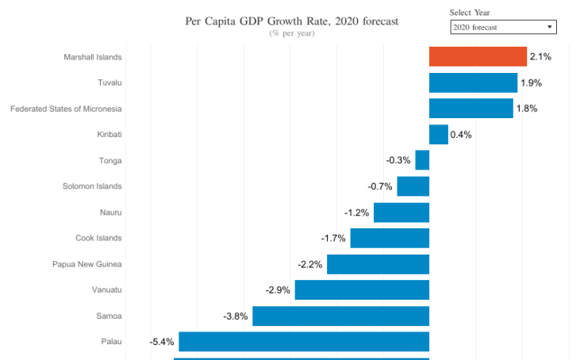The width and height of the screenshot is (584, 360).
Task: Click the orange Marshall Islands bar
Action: tap(478, 56)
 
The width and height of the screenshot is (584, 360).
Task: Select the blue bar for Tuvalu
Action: tap(473, 82)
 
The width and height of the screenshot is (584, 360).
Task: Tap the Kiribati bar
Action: tap(438, 134)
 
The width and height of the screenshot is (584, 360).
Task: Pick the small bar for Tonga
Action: tap(422, 160)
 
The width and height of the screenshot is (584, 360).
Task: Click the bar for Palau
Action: tap(304, 342)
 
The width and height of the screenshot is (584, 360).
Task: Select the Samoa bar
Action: tap(340, 316)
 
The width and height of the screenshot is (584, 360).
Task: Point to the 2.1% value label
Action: tap(540, 57)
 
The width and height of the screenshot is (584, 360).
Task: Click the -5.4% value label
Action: tap(162, 343)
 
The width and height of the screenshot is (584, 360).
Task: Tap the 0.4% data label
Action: tap(461, 135)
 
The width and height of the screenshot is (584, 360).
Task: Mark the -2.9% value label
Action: tap(278, 290)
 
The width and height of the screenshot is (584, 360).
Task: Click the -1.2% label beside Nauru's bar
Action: tap(357, 213)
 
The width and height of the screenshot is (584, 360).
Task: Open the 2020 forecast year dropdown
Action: tap(503, 28)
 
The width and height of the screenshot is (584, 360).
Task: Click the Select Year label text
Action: tap(475, 13)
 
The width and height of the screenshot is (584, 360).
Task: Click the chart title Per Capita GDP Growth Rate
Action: tap(292, 21)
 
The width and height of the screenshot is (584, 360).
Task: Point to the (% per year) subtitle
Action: tap(292, 33)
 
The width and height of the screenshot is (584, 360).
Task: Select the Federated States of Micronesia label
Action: tap(66, 109)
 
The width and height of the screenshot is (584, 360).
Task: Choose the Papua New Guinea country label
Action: tap(87, 264)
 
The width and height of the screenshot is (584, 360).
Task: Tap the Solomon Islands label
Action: tap(92, 186)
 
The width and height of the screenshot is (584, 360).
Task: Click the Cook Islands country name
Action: tap(98, 238)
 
